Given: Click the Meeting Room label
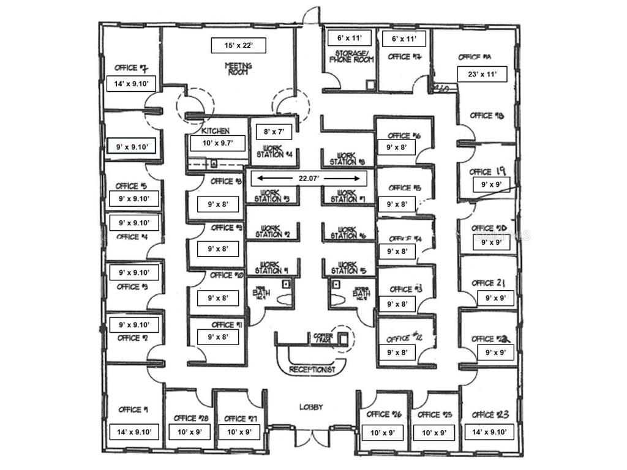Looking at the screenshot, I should pos(239,69).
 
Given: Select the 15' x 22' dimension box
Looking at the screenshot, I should pos(238,45).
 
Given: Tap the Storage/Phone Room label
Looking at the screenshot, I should pos(351,56).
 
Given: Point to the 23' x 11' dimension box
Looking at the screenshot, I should pos(482,74).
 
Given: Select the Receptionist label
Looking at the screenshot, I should pos(313,370).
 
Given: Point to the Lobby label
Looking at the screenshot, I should pos(311,408).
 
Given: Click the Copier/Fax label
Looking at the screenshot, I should pos(323,338).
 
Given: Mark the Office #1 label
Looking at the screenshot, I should pos(133,409).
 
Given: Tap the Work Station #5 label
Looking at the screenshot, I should pos(347,268).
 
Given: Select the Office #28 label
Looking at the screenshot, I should pos(192,418).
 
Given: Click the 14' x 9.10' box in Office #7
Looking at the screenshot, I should pos(132,83).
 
